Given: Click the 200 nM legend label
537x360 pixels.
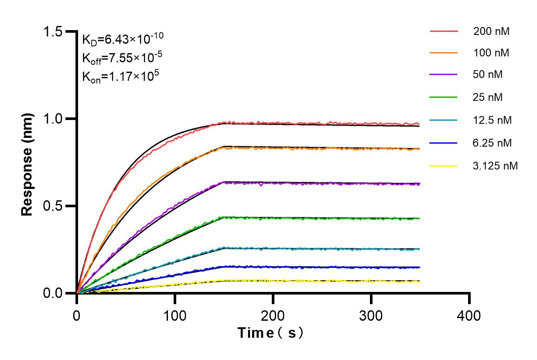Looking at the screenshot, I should (x=491, y=31).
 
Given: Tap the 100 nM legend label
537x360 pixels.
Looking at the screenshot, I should (x=491, y=53).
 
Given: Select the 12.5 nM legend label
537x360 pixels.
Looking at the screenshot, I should (x=493, y=120).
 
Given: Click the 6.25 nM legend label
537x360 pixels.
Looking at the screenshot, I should (x=493, y=143).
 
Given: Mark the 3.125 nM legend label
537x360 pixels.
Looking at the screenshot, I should (x=496, y=166).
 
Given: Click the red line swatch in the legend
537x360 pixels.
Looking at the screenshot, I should (x=444, y=31).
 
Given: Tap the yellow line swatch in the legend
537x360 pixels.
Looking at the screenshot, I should (x=444, y=166).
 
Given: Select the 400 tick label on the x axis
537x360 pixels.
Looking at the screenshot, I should (x=469, y=315).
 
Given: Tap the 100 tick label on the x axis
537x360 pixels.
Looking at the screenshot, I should (x=175, y=315).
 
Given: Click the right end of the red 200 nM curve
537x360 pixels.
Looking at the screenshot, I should (x=419, y=124).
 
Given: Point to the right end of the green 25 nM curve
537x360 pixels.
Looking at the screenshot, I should (x=419, y=218).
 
